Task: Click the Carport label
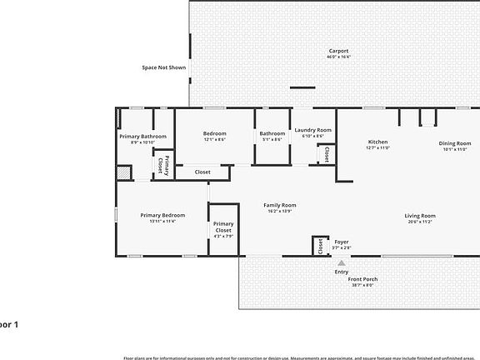338,51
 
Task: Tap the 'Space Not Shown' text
163,67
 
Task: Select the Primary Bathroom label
142,136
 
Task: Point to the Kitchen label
377,142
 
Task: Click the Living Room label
420,215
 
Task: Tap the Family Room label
280,205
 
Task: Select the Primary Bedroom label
162,214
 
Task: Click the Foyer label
342,241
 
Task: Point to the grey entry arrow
341,262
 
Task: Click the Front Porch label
362,278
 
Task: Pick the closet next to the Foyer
318,247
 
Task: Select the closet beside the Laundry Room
326,154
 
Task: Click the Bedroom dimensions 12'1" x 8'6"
214,139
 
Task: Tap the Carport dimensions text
338,57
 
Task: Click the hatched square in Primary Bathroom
123,172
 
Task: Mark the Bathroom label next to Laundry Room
272,133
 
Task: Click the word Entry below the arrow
342,271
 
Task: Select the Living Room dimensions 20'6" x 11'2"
420,221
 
